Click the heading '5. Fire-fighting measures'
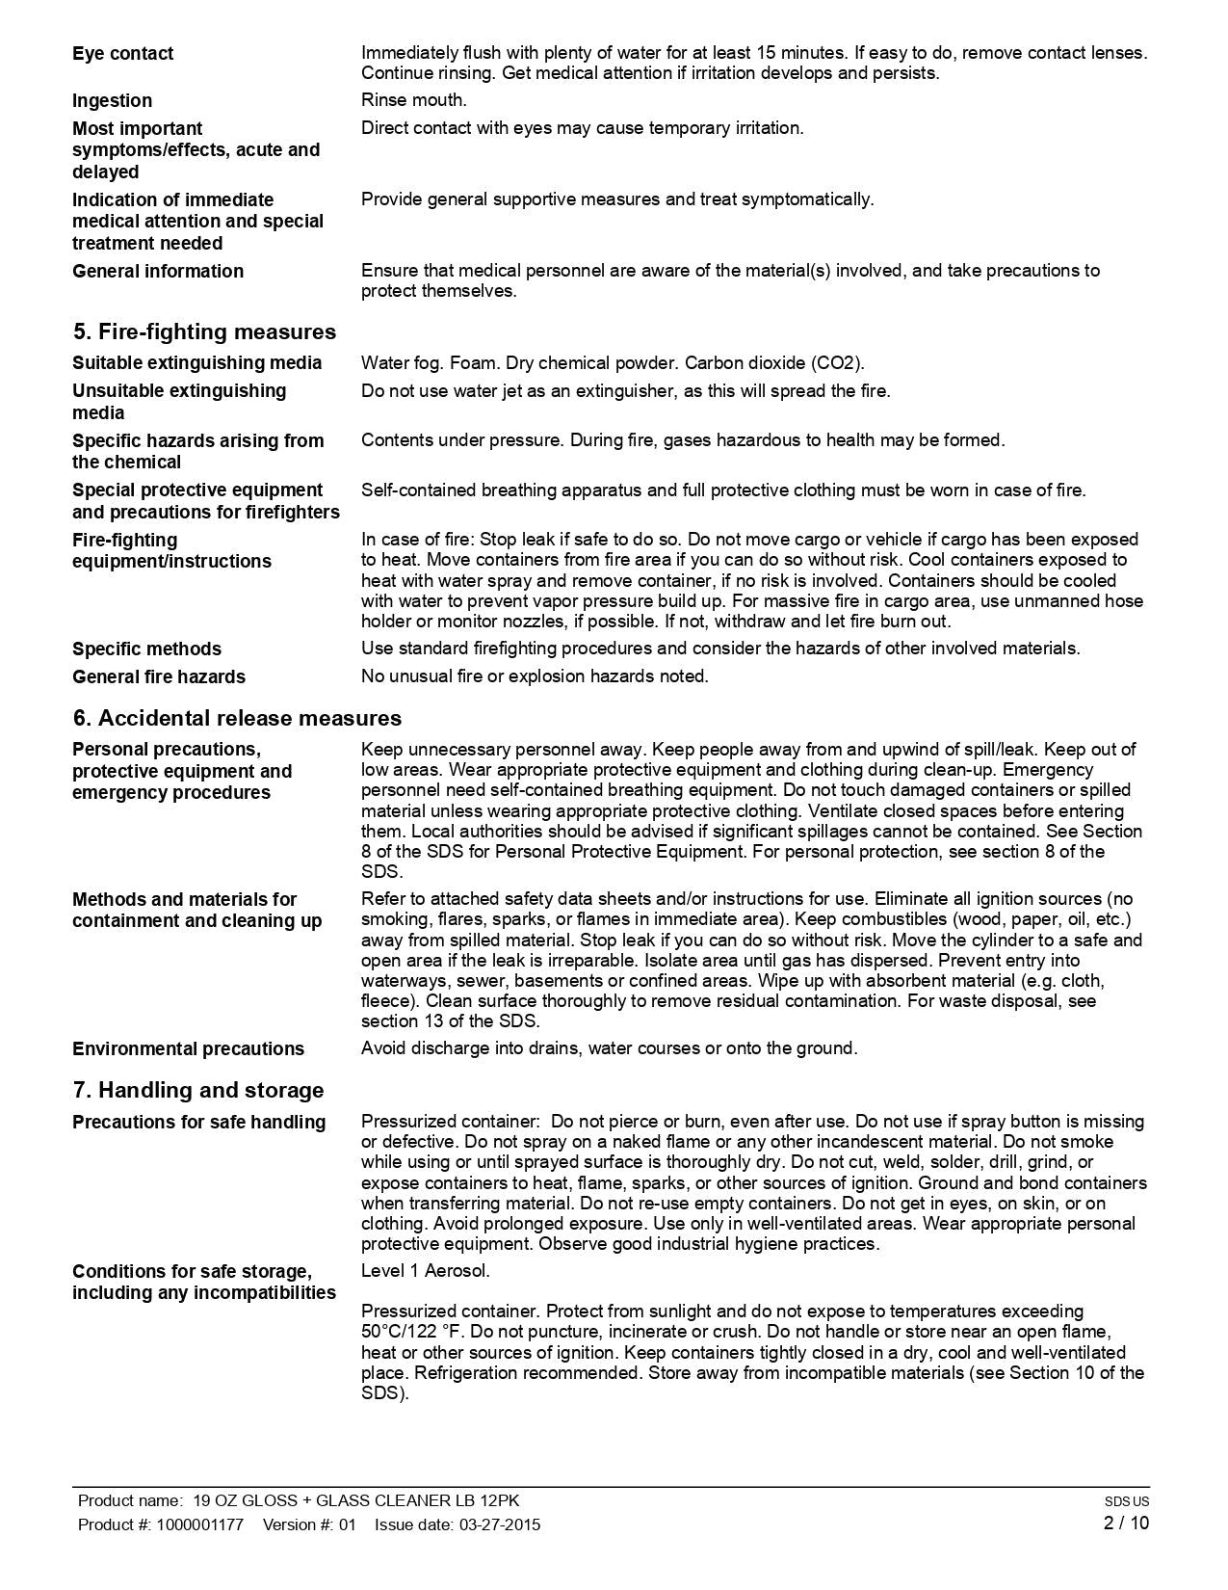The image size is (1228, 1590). pyautogui.click(x=204, y=332)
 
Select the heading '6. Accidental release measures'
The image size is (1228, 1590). pyautogui.click(x=237, y=719)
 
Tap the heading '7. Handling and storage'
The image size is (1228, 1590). pyautogui.click(x=198, y=1091)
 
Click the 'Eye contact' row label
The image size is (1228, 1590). pyautogui.click(x=123, y=54)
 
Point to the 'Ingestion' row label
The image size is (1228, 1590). pyautogui.click(x=112, y=101)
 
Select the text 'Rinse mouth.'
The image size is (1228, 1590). pyautogui.click(x=414, y=100)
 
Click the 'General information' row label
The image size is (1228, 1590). pyautogui.click(x=158, y=272)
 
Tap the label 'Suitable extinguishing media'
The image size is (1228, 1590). pyautogui.click(x=197, y=363)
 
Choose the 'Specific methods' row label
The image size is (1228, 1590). pyautogui.click(x=146, y=649)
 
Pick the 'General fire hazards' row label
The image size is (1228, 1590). pyautogui.click(x=159, y=677)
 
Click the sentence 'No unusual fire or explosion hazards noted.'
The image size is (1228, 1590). pyautogui.click(x=535, y=676)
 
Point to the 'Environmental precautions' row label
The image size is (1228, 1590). pyautogui.click(x=188, y=1049)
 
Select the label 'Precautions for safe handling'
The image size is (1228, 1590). pyautogui.click(x=199, y=1123)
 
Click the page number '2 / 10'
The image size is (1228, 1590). pyautogui.click(x=1126, y=1524)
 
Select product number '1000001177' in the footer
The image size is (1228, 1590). pyautogui.click(x=199, y=1524)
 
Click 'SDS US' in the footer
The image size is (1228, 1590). pyautogui.click(x=1127, y=1501)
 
